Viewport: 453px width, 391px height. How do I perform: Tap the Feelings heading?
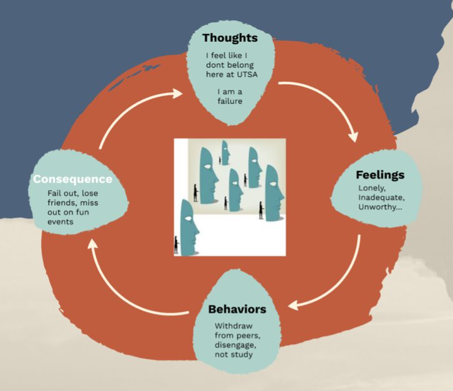coord(380,175)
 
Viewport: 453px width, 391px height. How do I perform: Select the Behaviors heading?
coord(237,309)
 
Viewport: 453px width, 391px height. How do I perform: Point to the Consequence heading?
coord(73,179)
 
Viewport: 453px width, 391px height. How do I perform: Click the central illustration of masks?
coord(229,197)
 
